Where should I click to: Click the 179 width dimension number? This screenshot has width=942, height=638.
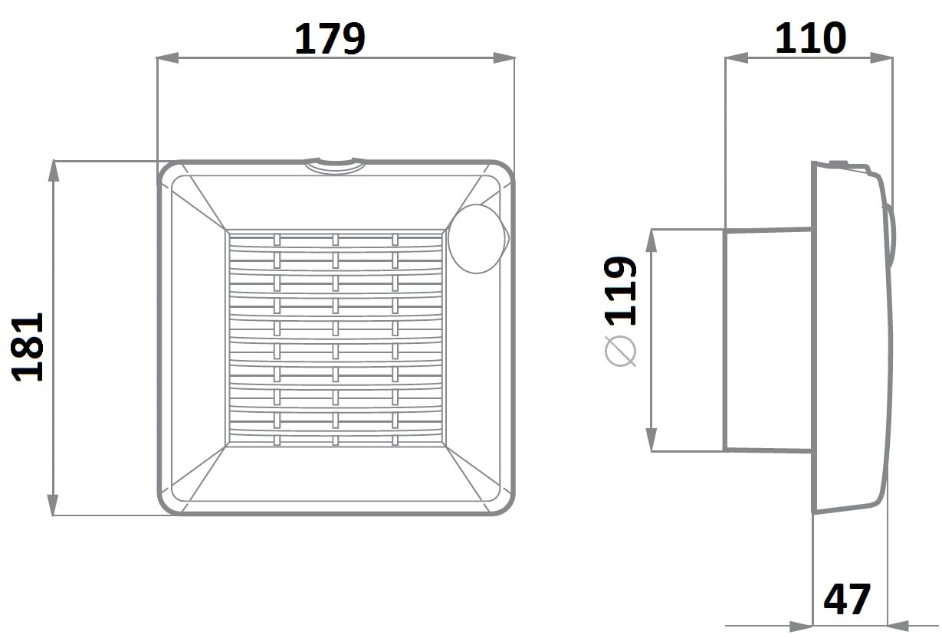pos(330,38)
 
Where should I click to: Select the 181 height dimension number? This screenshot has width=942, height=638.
pos(28,347)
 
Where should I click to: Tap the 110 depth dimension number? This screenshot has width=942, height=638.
pos(810,38)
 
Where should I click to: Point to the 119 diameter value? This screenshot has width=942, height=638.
pos(620,291)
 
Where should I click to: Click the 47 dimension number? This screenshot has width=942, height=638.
pos(846,599)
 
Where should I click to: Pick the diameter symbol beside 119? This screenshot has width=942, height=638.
pos(621,351)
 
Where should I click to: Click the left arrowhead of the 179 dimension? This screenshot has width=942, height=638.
pos(167,58)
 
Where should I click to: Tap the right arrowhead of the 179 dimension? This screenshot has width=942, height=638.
pos(504,58)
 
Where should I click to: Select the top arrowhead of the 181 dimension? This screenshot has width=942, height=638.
pos(53,171)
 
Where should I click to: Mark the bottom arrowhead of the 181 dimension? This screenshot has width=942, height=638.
pos(53,505)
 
